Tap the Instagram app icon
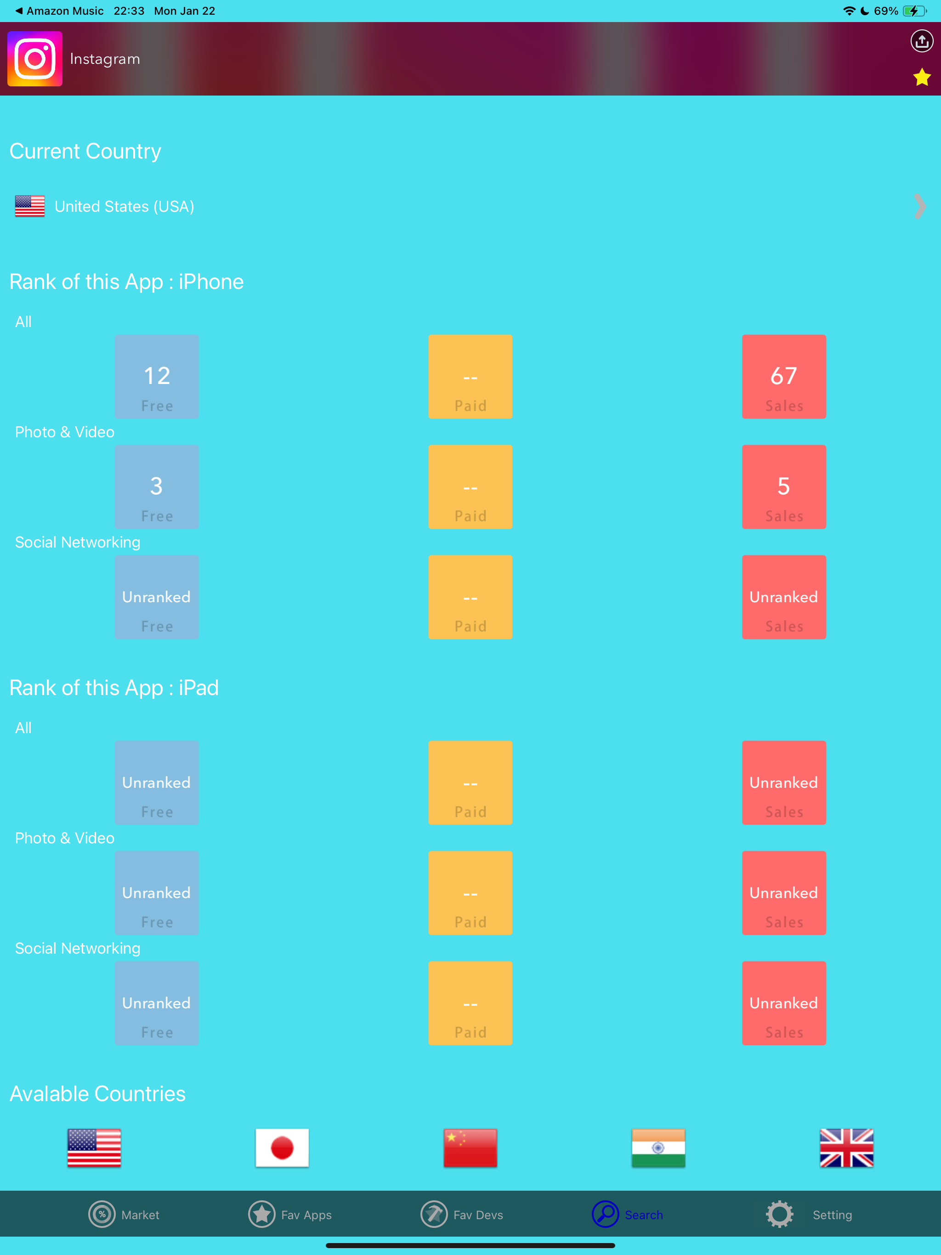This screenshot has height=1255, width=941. coord(34,58)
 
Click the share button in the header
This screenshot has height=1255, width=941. coord(922,41)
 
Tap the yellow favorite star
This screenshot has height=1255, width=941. coord(922,77)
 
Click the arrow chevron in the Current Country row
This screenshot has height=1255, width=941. coord(919,207)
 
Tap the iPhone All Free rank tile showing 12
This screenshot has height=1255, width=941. coord(157,377)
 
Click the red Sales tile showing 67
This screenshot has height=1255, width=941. coord(784,377)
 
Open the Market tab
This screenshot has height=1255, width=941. coord(124,1215)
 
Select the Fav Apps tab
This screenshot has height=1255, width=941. coord(290,1215)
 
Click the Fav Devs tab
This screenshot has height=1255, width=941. coord(462,1215)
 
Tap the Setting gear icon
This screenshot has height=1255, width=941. coord(779,1215)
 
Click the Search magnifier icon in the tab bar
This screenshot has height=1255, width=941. coord(606,1215)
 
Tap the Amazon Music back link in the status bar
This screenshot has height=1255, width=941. coord(60,11)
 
